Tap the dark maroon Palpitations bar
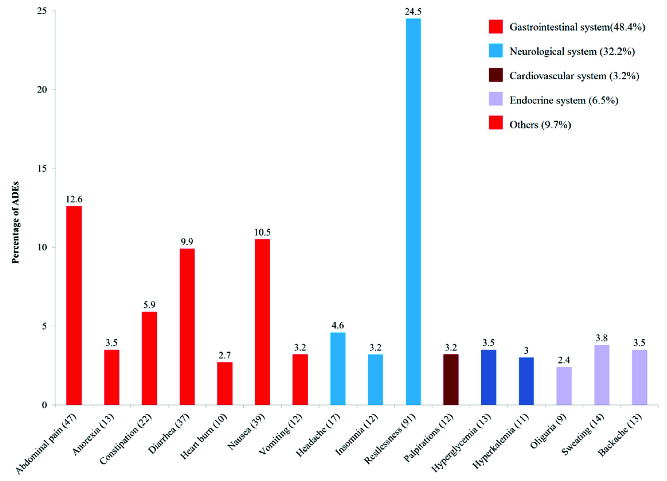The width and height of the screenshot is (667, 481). [x=451, y=379]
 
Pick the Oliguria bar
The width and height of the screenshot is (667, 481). [x=564, y=386]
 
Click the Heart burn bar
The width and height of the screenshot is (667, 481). [x=225, y=383]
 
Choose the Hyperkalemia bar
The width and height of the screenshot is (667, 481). [x=526, y=381]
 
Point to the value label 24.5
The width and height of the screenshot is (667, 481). [x=413, y=12]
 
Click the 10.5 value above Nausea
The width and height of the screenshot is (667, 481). [x=262, y=233]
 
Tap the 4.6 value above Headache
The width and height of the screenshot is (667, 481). [x=338, y=326]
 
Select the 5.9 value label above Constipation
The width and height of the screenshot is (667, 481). [x=149, y=305]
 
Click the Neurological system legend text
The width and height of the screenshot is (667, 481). [x=572, y=52]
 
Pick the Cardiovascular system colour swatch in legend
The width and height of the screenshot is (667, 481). [x=495, y=75]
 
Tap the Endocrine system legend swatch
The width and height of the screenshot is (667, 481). [x=495, y=100]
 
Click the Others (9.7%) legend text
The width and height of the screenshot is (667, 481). [x=540, y=125]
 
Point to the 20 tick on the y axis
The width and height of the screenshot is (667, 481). [x=42, y=90]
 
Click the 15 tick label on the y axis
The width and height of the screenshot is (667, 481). [x=42, y=169]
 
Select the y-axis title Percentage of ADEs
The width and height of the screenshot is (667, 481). [x=15, y=222]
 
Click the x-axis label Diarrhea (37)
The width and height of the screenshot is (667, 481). [x=169, y=434]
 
